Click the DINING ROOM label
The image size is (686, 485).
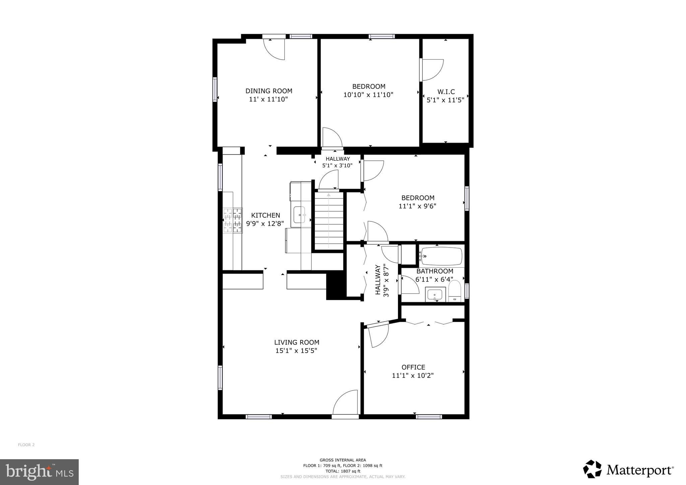pos(269,91)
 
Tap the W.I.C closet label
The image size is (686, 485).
pos(446,92)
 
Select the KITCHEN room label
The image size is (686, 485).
pos(266,215)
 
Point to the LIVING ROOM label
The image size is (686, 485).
pos(296,342)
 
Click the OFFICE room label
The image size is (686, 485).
pos(413,367)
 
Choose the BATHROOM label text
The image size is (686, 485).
pos(435,271)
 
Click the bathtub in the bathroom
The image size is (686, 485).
pos(441,257)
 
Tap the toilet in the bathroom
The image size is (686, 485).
pos(455,291)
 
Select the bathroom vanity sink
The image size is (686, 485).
pos(434,295)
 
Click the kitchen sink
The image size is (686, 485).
pos(300,215)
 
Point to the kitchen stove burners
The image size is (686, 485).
pos(233,220)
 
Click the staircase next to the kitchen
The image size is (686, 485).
pos(329,220)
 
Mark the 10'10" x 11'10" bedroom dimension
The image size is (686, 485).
pos(368,95)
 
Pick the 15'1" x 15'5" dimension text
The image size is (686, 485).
pos(296,351)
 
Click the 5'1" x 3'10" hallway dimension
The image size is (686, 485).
pos(337,165)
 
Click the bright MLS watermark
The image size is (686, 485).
pos(40,472)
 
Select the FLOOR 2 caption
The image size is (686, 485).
pos(26,445)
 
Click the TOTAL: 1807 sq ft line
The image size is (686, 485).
pos(343,471)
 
